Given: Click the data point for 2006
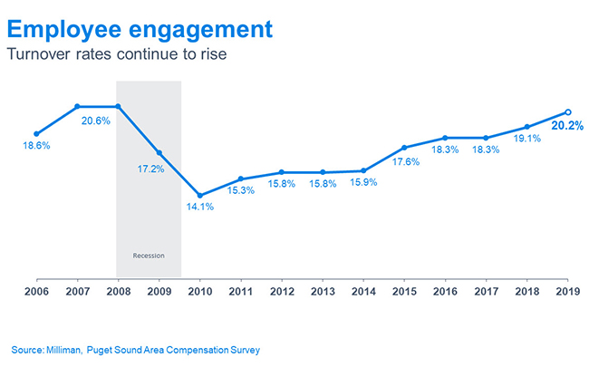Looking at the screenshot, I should (x=36, y=133).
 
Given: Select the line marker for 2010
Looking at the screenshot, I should (x=200, y=195).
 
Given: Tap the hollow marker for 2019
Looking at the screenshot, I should (x=568, y=111).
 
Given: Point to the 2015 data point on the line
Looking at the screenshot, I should (x=404, y=148).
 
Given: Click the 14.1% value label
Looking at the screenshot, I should (x=200, y=207).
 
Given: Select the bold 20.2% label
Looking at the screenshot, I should (x=567, y=126).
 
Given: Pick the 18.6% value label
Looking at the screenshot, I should (x=36, y=145).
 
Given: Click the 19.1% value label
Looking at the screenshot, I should (x=527, y=140).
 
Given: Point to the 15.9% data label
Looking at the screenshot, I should (x=363, y=182).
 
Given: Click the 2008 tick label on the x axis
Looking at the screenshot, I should (x=118, y=293).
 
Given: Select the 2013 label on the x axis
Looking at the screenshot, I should (x=323, y=293).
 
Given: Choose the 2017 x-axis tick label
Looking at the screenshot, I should (x=487, y=293).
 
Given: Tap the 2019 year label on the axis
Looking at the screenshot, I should (x=567, y=293).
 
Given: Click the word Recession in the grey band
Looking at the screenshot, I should (x=149, y=256).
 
